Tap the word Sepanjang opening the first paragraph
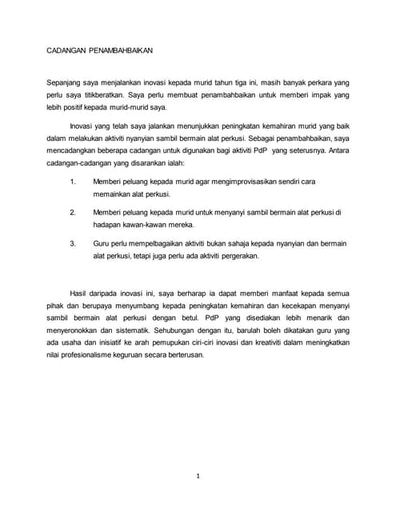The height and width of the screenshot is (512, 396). pos(66,83)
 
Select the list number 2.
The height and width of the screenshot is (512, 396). pos(73,212)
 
